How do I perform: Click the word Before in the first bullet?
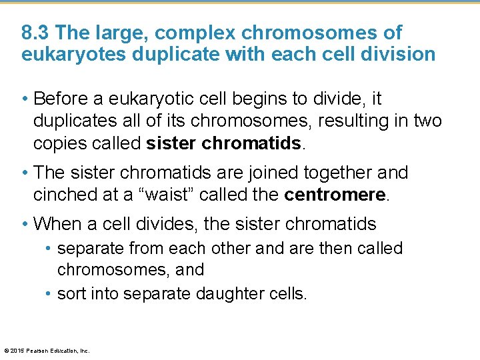(63, 99)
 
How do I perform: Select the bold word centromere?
(335, 194)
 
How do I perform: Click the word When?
(58, 223)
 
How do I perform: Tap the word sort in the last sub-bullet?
(73, 294)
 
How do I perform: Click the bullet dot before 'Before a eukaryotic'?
(25, 99)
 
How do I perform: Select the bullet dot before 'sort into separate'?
(50, 294)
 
